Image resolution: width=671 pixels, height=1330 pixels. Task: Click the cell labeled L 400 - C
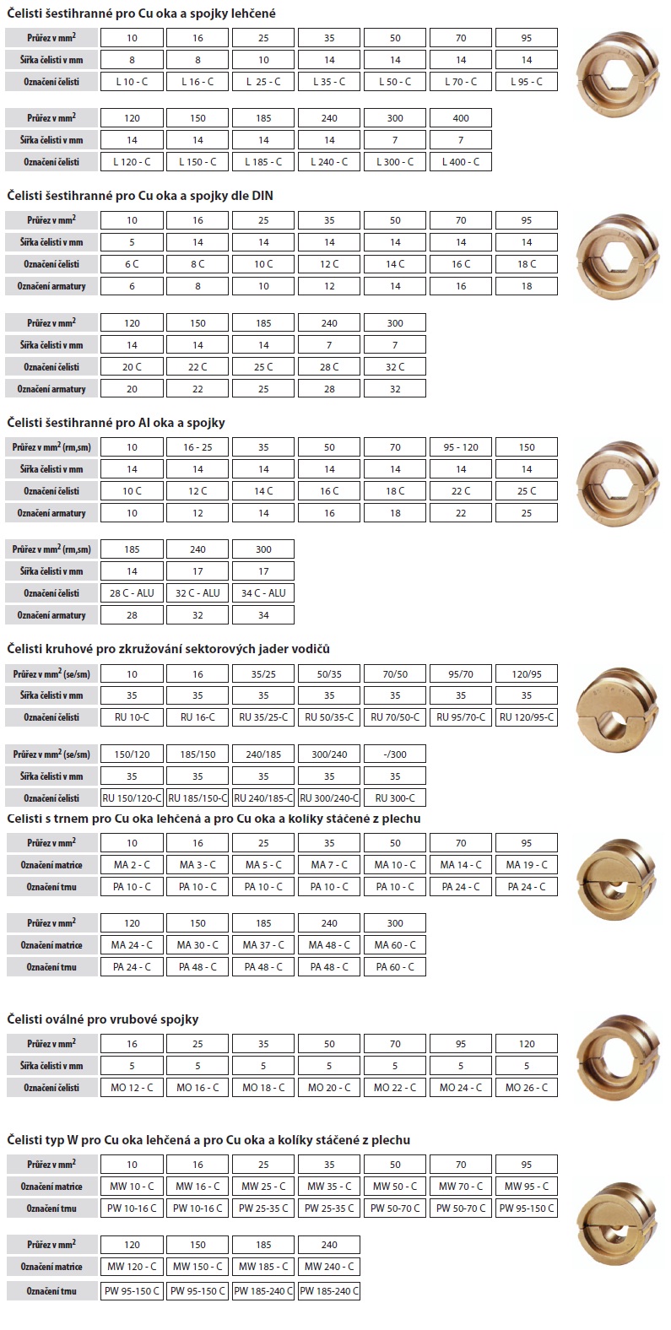tap(461, 161)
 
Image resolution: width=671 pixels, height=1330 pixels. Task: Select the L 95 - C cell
tap(527, 82)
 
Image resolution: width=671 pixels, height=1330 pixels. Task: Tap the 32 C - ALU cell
tap(198, 593)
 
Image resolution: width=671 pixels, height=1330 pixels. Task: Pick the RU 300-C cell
tap(395, 797)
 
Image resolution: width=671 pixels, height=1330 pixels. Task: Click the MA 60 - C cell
tap(395, 945)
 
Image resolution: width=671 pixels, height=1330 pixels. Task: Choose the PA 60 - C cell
tap(395, 967)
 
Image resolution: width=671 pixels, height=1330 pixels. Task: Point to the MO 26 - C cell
tap(527, 1088)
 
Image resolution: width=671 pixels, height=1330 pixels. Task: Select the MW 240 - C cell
tap(329, 1267)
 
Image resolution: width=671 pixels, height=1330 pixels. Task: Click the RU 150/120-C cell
tap(132, 797)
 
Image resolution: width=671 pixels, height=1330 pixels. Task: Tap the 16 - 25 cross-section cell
tap(198, 447)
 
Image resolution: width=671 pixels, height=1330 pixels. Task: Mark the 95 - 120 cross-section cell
tap(461, 447)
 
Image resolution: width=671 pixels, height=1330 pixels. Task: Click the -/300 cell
tap(395, 754)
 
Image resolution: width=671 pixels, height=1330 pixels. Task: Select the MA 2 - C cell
tap(132, 865)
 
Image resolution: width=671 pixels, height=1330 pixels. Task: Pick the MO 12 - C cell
tap(132, 1088)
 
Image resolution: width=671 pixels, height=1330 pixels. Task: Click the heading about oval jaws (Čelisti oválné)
tap(103, 1019)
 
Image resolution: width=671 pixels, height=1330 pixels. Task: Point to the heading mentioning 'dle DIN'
tap(140, 196)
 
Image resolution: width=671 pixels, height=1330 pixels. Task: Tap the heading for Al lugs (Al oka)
tap(116, 422)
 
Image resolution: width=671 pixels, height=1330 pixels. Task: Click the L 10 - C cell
tap(132, 82)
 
